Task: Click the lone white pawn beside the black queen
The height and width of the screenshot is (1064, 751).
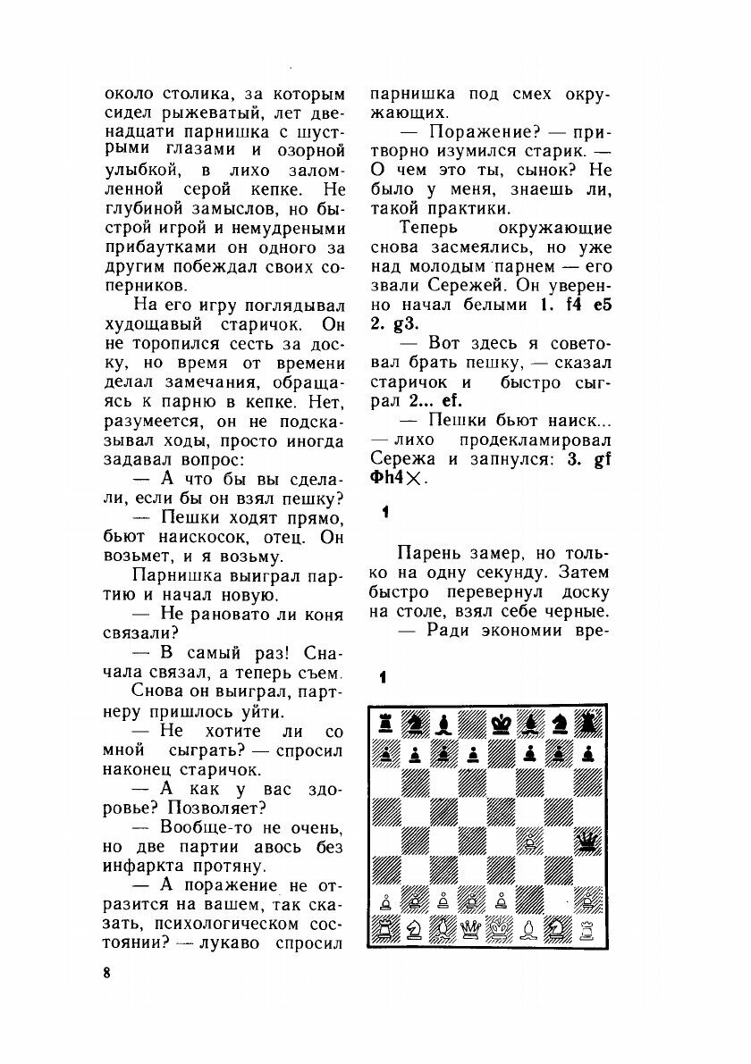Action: (x=532, y=841)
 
